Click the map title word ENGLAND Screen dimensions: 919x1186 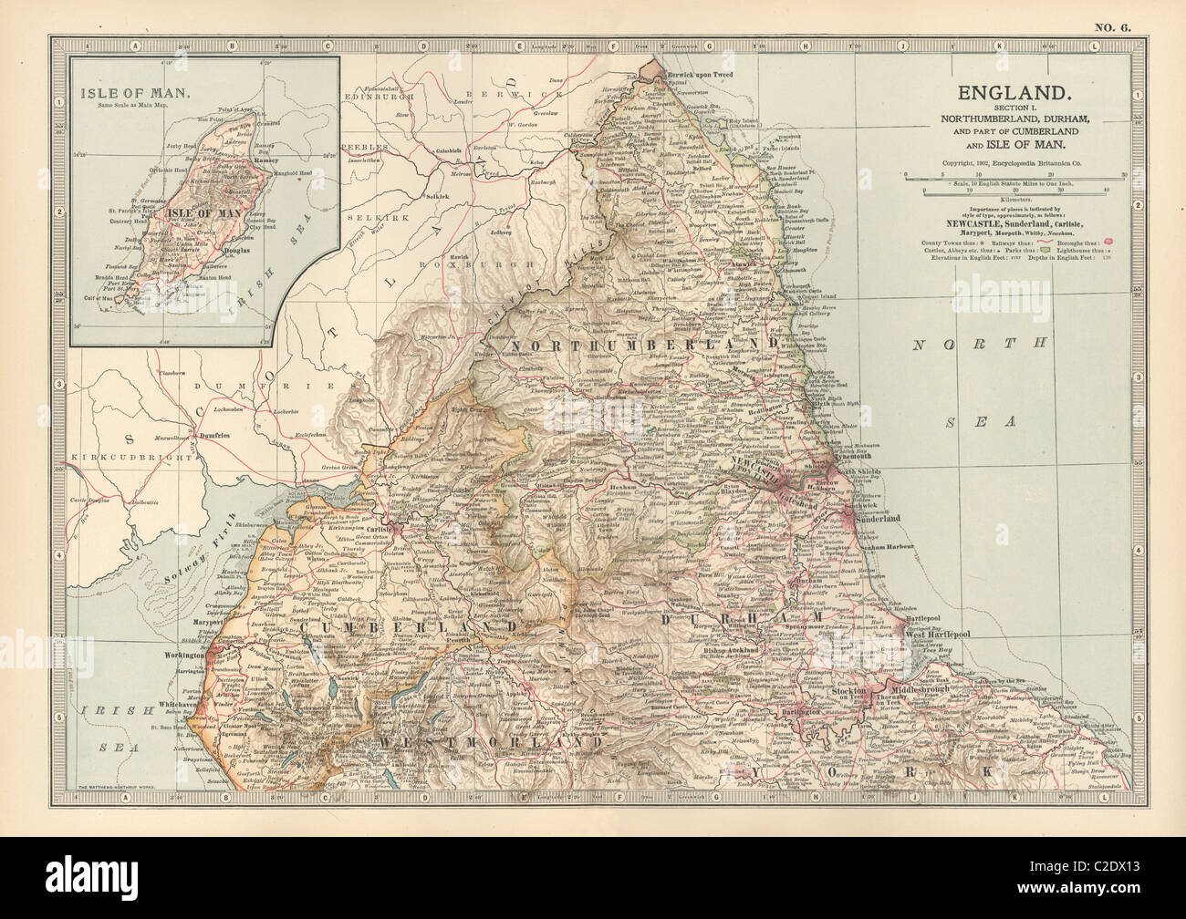[x=1012, y=92]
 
